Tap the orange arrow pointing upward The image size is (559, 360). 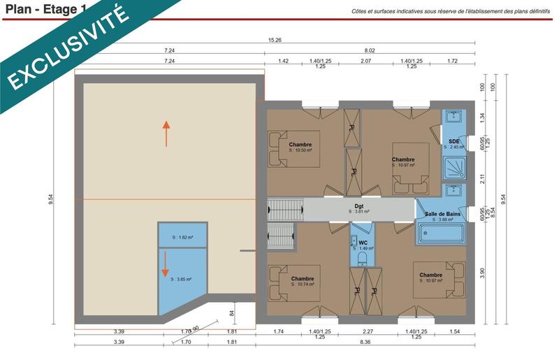[x=166, y=133]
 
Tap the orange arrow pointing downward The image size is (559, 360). [x=166, y=263]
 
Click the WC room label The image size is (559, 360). [x=363, y=243]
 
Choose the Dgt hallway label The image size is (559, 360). [x=358, y=206]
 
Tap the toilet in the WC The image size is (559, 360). [x=362, y=259]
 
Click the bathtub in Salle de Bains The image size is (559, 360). [x=442, y=232]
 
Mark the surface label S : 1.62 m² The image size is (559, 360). [x=182, y=238]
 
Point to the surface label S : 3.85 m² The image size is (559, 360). [x=181, y=279]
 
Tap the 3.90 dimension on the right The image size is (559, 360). [x=481, y=271]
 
